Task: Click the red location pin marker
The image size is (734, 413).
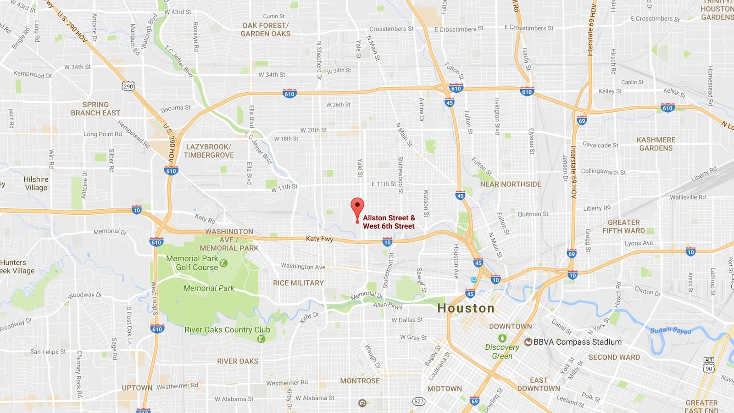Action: coord(357,207)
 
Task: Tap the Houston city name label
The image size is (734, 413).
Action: coord(466,308)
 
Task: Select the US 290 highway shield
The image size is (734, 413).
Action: coord(128,86)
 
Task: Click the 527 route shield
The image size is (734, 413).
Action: coord(418,402)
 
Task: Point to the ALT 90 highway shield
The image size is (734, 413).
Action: coord(709,365)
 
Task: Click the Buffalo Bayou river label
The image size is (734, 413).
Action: coord(670,330)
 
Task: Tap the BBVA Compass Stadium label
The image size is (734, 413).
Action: coord(577,342)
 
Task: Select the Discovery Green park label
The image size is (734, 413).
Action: coord(502,352)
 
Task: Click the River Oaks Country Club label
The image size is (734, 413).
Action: coord(227,330)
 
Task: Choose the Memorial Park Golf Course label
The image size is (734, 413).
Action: coord(193,263)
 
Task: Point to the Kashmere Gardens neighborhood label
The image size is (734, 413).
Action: coord(656,144)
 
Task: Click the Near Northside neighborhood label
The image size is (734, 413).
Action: coord(511,184)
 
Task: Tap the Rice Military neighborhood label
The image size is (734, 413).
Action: coord(298,283)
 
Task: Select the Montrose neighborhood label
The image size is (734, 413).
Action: coord(360,381)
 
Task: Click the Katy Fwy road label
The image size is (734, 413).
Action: coord(319,239)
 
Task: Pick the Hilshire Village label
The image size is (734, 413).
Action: coord(36,184)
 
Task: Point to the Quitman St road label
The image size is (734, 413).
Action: coord(533,214)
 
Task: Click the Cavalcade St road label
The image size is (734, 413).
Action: coord(600,145)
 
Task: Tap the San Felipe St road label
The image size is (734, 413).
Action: coord(48,352)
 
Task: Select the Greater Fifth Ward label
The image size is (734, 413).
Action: coord(623,227)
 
